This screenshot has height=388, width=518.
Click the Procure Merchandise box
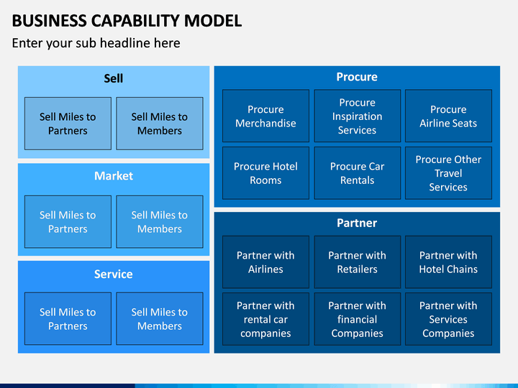pos(265,116)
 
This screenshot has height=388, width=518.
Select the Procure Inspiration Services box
pos(357,116)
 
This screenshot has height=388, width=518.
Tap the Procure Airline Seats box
pos(448,116)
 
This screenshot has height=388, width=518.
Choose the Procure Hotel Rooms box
pos(265,173)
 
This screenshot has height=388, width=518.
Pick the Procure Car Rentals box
pos(357,173)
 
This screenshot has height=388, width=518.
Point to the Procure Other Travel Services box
pos(448,173)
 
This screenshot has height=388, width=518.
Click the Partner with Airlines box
pos(265,262)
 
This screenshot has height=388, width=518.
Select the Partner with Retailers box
pos(357,262)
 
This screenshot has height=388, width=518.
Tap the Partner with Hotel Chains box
pos(448,262)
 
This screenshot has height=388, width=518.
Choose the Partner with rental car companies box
pos(265,319)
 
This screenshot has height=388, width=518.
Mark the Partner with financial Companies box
pos(357,319)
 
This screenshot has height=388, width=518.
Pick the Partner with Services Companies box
pos(448,319)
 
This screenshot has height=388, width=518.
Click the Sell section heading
pos(114,78)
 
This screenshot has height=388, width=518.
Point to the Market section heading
pos(114,176)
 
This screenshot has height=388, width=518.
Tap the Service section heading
pos(114,274)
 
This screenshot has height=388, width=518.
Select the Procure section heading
pos(357,77)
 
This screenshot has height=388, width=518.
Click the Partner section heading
pos(357,223)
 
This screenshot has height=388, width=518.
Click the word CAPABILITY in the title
pos(135,21)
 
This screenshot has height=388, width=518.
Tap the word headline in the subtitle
pos(124,43)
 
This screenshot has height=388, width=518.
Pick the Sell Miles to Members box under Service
pos(160,319)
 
